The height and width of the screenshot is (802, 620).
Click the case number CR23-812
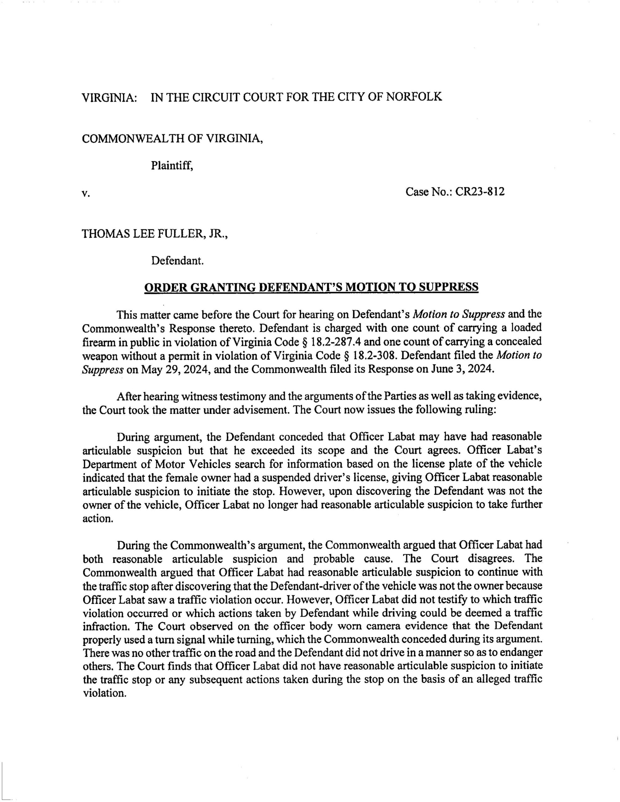[x=480, y=192]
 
